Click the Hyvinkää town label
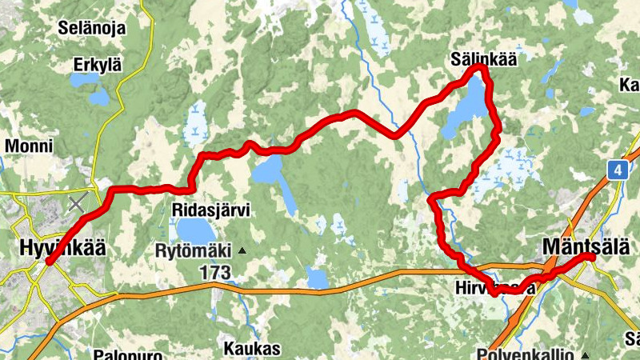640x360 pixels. point(61,249)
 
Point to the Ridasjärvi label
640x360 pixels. point(211,210)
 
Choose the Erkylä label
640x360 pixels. point(96,65)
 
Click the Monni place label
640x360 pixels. point(29,146)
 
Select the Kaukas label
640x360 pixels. point(252,349)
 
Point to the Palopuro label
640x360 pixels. point(129,354)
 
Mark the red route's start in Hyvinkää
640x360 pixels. point(49,262)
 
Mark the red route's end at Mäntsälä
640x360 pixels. point(591,257)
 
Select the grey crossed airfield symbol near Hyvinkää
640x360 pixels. point(77,203)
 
